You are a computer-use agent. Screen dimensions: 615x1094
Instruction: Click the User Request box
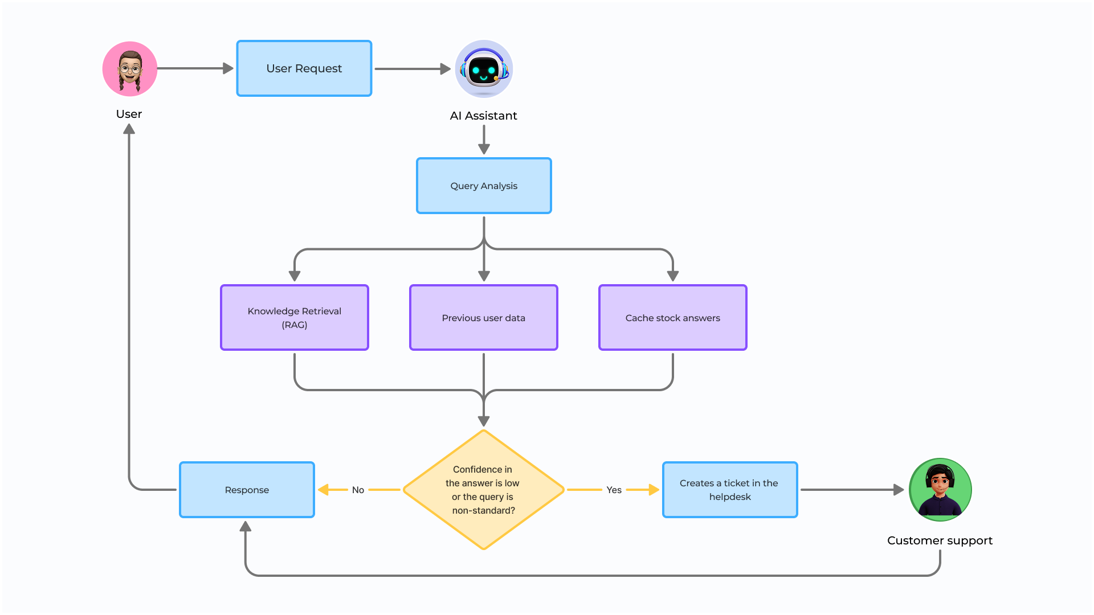304,68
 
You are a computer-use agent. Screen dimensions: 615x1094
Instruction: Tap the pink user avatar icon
130,69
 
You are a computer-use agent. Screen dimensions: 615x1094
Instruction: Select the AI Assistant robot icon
484,69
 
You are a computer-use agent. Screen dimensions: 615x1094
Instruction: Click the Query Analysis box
484,186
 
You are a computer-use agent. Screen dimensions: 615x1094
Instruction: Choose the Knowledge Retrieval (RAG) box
295,318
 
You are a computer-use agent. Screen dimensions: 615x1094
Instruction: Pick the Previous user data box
484,318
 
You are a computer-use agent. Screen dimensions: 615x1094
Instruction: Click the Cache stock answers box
672,318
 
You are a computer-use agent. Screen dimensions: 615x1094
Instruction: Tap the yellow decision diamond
484,490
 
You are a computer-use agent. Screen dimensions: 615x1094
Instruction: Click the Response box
247,490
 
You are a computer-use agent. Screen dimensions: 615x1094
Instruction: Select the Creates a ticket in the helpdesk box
730,490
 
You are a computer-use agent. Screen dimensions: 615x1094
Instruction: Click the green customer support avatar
940,490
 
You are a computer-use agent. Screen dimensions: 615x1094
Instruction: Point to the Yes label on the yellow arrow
614,490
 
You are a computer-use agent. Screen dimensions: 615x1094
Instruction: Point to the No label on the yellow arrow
358,490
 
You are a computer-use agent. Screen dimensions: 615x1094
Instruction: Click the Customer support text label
940,540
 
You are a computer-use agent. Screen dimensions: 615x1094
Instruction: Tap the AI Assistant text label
483,116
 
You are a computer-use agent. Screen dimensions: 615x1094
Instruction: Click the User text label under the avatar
129,114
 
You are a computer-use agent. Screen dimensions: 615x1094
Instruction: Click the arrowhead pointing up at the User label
129,130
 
